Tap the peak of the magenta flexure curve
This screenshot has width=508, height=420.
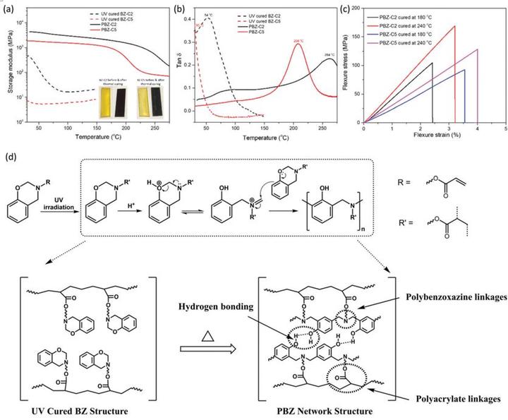(x=478, y=49)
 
